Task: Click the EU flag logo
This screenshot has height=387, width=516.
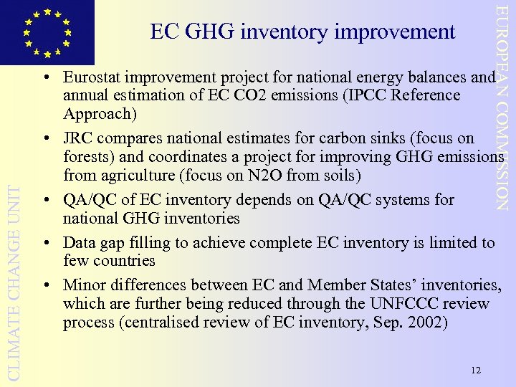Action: [47, 32]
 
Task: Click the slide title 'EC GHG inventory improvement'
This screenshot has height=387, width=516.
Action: [302, 32]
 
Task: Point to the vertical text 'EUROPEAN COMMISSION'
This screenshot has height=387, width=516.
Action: [504, 107]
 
